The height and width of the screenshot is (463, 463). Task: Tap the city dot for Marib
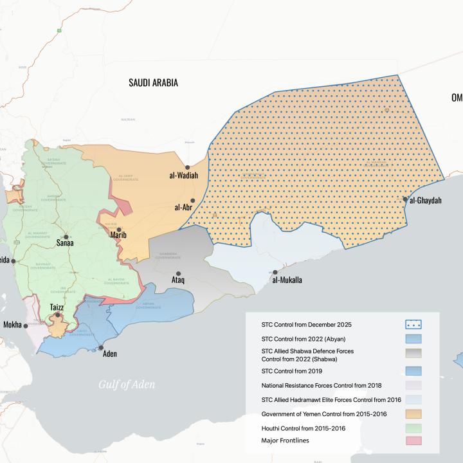pyautogui.click(x=119, y=229)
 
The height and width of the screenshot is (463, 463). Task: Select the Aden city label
pyautogui.click(x=110, y=353)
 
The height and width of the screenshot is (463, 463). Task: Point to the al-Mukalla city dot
pyautogui.click(x=276, y=272)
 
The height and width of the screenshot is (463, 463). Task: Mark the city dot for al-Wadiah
pyautogui.click(x=186, y=166)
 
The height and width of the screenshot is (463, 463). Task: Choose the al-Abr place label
pyautogui.click(x=183, y=208)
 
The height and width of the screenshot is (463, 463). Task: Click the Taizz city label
pyautogui.click(x=57, y=307)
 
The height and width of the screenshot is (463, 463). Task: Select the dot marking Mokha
pyautogui.click(x=26, y=326)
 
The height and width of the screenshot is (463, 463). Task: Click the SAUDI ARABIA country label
pyautogui.click(x=153, y=82)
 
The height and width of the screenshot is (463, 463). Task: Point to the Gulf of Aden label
pyautogui.click(x=127, y=385)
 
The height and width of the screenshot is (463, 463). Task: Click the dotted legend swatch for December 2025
pyautogui.click(x=413, y=324)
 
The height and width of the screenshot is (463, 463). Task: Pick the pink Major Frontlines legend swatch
pyautogui.click(x=413, y=440)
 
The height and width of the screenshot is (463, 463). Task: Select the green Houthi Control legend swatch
pyautogui.click(x=413, y=427)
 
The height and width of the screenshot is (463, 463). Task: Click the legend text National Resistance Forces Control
pyautogui.click(x=322, y=385)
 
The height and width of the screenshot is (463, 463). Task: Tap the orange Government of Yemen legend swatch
pyautogui.click(x=413, y=413)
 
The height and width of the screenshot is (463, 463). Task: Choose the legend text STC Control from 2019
pyautogui.click(x=292, y=371)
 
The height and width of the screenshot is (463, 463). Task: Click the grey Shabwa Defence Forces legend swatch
pyautogui.click(x=413, y=354)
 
